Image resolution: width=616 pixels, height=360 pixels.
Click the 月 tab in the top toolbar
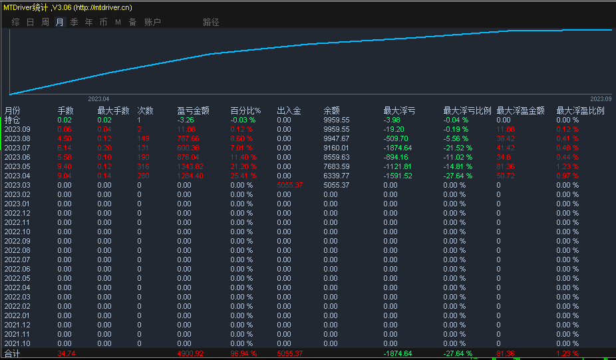[60, 22]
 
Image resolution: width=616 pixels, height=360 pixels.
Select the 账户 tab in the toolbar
[153, 22]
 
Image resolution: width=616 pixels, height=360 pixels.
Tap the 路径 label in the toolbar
[211, 22]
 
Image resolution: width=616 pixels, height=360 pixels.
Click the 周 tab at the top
[45, 22]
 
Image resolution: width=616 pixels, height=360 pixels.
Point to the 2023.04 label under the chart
[98, 98]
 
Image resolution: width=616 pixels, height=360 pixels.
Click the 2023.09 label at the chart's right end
[600, 98]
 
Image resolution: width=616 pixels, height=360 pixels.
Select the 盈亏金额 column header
[193, 110]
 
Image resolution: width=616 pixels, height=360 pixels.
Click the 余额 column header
[331, 110]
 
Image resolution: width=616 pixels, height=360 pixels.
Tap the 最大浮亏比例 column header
[467, 110]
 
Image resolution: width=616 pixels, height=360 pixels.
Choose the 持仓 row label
[12, 120]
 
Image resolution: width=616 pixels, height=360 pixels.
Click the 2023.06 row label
[17, 157]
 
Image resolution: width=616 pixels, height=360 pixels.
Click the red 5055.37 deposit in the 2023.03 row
[290, 185]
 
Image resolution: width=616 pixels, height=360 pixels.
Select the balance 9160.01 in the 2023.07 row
[336, 148]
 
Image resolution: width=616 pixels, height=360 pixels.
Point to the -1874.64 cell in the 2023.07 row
[398, 148]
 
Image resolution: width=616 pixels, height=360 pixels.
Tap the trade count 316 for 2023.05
[144, 166]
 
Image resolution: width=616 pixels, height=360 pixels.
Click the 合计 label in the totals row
[12, 353]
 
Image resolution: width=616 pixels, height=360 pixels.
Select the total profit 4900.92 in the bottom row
[190, 353]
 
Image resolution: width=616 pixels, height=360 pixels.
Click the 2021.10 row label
[17, 343]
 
